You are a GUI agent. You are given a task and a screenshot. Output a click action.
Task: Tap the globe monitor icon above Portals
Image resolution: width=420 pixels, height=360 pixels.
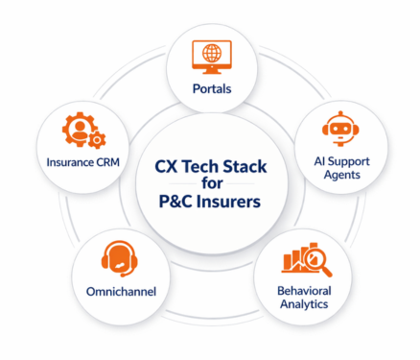coord(209,54)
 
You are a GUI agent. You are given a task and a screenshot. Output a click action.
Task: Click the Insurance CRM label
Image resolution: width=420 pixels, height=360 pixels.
coord(82,162)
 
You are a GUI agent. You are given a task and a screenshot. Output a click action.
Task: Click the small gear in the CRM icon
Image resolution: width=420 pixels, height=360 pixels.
coord(95,141)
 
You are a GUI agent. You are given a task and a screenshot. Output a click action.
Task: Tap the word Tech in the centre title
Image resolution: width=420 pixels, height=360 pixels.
coord(200,165)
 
